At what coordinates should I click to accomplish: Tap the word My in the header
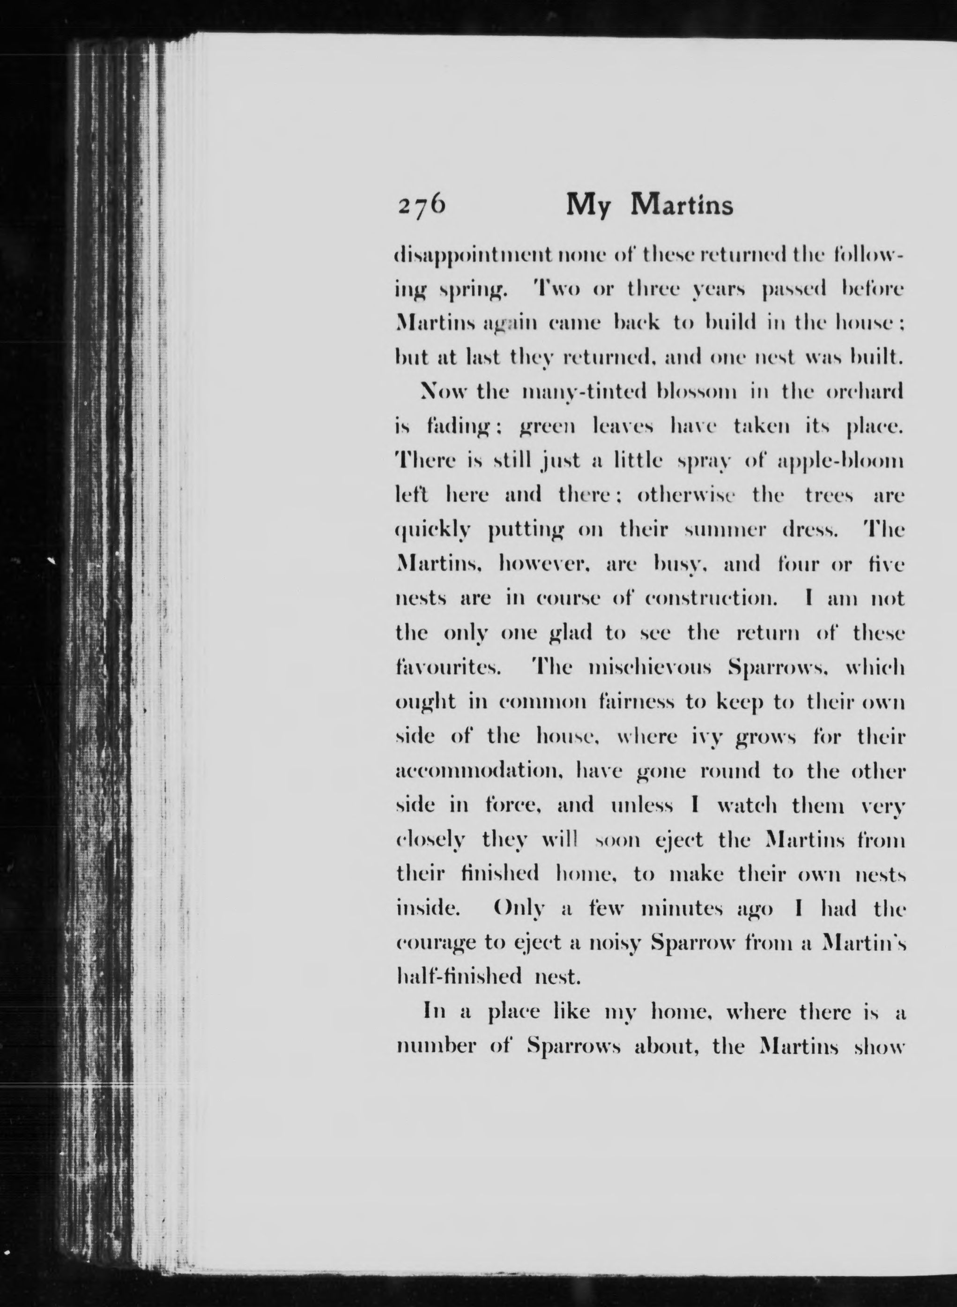pos(588,206)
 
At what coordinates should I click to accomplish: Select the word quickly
pos(432,531)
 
